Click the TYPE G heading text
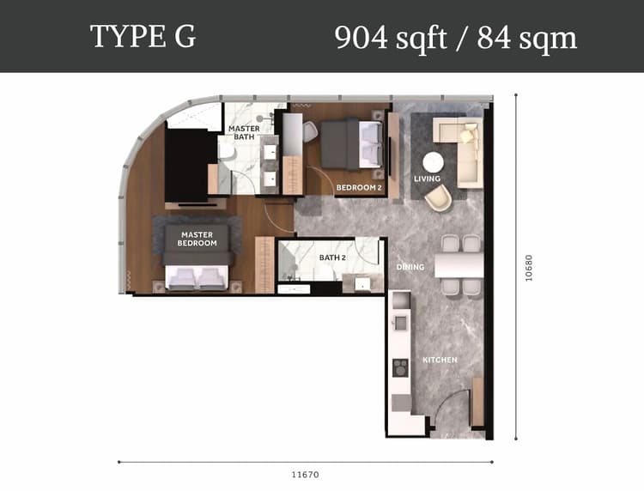pyautogui.click(x=143, y=37)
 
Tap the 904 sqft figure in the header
pyautogui.click(x=391, y=38)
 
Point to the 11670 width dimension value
pyautogui.click(x=305, y=475)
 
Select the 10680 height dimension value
pyautogui.click(x=529, y=268)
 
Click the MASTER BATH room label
pyautogui.click(x=244, y=132)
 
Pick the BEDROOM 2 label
pyautogui.click(x=359, y=188)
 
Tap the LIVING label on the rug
pyautogui.click(x=427, y=179)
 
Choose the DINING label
pyautogui.click(x=410, y=267)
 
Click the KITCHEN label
pyautogui.click(x=440, y=360)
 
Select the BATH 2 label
pyautogui.click(x=332, y=258)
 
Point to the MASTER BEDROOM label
pyautogui.click(x=197, y=239)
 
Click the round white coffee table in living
pyautogui.click(x=434, y=162)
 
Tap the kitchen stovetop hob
pyautogui.click(x=400, y=368)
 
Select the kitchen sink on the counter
pyautogui.click(x=400, y=323)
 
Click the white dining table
pyautogui.click(x=459, y=264)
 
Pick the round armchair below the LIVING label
pyautogui.click(x=438, y=198)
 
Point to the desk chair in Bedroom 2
pyautogui.click(x=310, y=131)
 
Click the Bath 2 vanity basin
pyautogui.click(x=362, y=283)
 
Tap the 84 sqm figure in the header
pyautogui.click(x=527, y=38)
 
